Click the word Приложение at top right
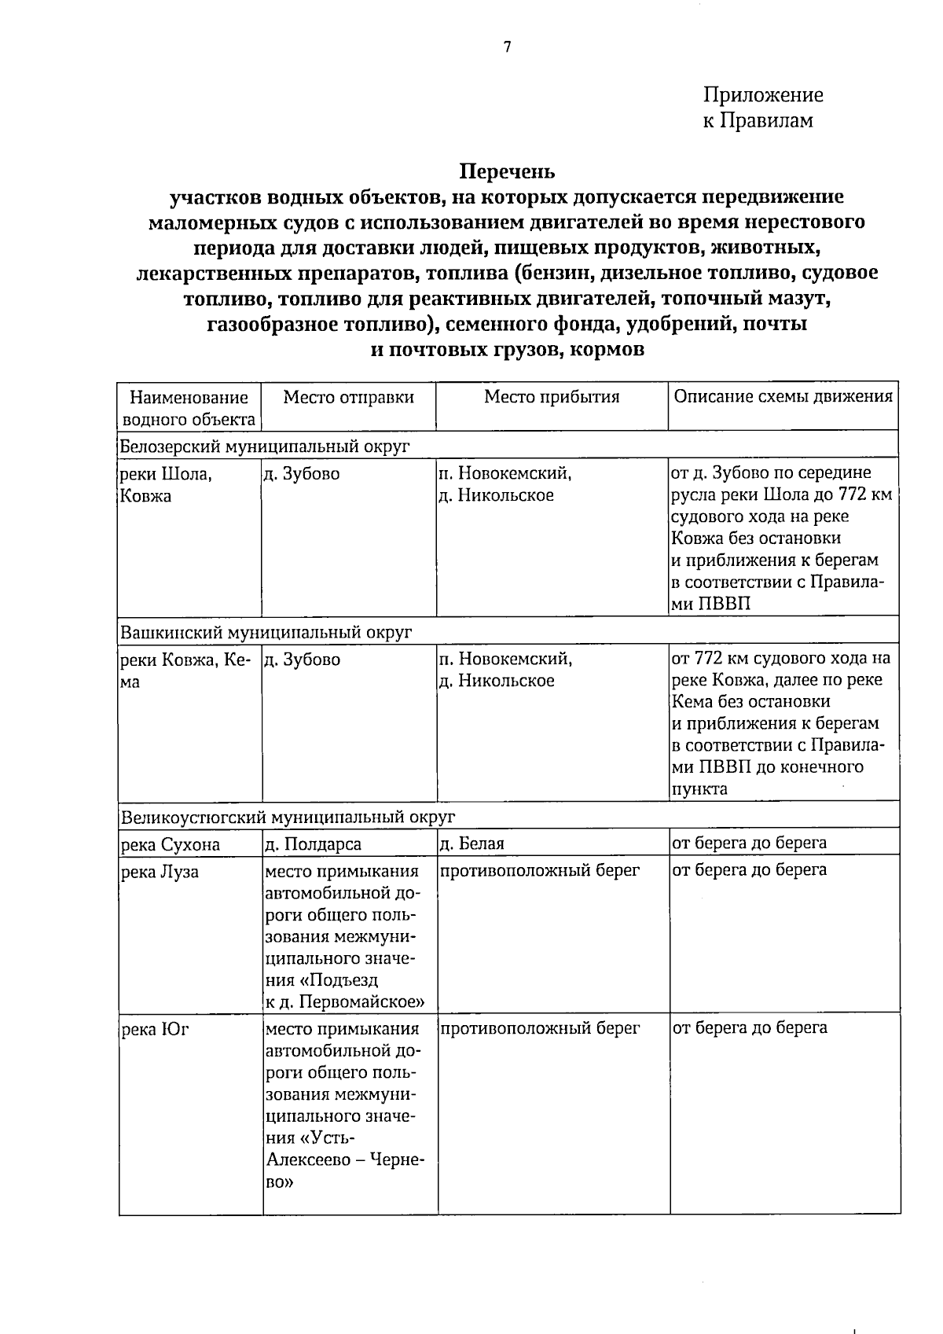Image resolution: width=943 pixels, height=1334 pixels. tap(763, 96)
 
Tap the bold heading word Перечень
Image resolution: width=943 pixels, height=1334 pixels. tap(507, 171)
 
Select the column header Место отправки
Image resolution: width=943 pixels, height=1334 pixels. tap(348, 397)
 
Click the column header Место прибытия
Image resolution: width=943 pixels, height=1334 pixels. tap(552, 397)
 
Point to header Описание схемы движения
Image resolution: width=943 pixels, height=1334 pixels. tap(783, 396)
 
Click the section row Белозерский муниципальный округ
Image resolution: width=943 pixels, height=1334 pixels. tap(265, 447)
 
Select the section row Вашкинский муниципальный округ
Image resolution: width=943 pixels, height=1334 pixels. tap(266, 633)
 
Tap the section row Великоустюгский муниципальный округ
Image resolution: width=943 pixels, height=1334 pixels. tap(288, 818)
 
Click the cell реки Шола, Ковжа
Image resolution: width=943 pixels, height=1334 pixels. tap(165, 485)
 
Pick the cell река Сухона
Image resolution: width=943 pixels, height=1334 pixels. tap(170, 845)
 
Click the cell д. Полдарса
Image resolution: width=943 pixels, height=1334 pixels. tap(314, 844)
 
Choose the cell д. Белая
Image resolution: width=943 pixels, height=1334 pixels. tap(472, 843)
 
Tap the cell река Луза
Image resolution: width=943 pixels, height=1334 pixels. tap(160, 872)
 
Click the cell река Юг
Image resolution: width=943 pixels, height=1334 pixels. tap(155, 1029)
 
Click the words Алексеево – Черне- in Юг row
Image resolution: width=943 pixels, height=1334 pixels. tap(346, 1160)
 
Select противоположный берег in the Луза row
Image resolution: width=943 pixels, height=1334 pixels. tap(541, 870)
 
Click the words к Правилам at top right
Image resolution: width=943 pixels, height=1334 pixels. tap(758, 121)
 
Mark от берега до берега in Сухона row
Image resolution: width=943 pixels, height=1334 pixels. tap(749, 843)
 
